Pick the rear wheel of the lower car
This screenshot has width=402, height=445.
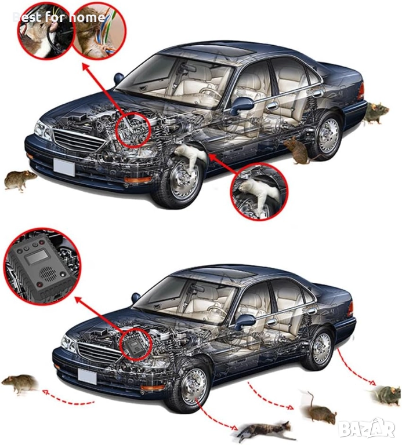(319, 349)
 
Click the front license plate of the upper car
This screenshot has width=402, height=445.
(64, 167)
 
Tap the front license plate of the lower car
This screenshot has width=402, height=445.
(87, 376)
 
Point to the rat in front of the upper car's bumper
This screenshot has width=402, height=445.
(20, 180)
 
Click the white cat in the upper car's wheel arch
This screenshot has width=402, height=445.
(189, 155)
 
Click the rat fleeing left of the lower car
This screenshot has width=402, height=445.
(20, 383)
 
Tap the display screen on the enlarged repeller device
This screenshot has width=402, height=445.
(37, 257)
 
